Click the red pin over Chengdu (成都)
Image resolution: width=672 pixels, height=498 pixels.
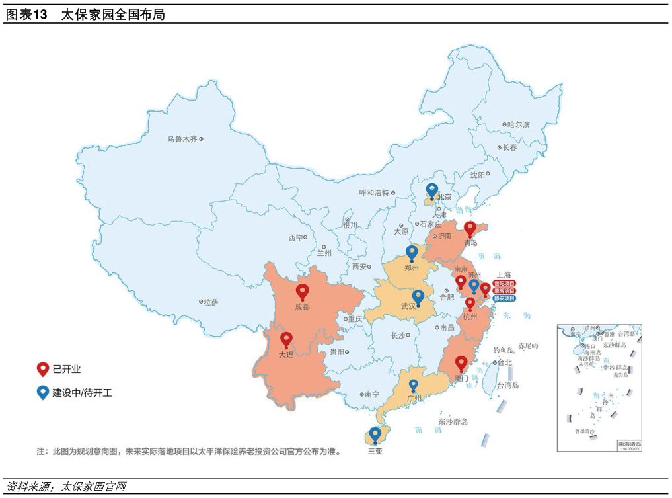[x=303, y=291]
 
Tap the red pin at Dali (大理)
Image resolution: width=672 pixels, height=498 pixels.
[x=286, y=339]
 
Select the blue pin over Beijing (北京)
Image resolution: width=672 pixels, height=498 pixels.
[x=432, y=190]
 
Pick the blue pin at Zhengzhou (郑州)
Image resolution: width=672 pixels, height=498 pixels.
[x=412, y=251]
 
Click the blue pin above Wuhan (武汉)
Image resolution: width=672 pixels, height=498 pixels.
[x=418, y=296]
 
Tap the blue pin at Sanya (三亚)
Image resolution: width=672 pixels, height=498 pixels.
[x=375, y=434]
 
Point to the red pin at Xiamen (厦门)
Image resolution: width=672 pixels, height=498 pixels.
[x=461, y=362]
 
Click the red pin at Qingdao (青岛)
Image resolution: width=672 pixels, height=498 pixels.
[x=470, y=228]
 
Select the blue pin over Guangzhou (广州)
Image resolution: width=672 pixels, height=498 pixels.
[x=414, y=384]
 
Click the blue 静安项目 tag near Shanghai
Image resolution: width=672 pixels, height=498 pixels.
[x=504, y=298]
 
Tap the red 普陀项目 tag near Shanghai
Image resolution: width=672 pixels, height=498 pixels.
[x=504, y=284]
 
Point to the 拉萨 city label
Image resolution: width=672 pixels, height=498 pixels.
[x=211, y=302]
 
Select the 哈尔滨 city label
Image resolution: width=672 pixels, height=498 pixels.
[x=519, y=124]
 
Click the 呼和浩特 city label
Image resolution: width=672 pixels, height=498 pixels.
[x=374, y=193]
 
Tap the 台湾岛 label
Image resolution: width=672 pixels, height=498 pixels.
[x=507, y=385]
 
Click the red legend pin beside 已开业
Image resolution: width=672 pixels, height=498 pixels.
[x=43, y=369]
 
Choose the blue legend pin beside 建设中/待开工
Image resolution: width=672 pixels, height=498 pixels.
[x=43, y=392]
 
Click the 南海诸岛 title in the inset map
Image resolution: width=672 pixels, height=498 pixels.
[x=628, y=444]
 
